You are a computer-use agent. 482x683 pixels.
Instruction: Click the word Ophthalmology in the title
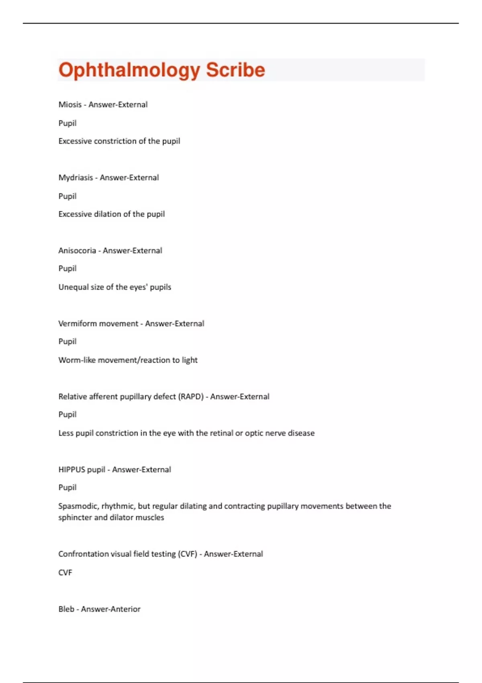pos(129,70)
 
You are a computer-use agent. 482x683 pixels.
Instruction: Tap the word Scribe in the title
pos(235,70)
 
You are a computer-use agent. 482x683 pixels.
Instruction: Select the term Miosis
pos(70,104)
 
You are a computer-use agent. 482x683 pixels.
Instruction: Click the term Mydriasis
pos(76,178)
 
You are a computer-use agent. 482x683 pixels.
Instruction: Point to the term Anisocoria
pos(77,251)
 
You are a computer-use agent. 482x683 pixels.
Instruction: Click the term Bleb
pos(66,609)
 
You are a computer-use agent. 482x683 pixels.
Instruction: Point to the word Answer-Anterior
pos(111,609)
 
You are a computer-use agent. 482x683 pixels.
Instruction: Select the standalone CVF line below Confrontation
pos(65,573)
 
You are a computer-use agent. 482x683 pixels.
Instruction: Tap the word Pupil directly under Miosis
pos(67,123)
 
